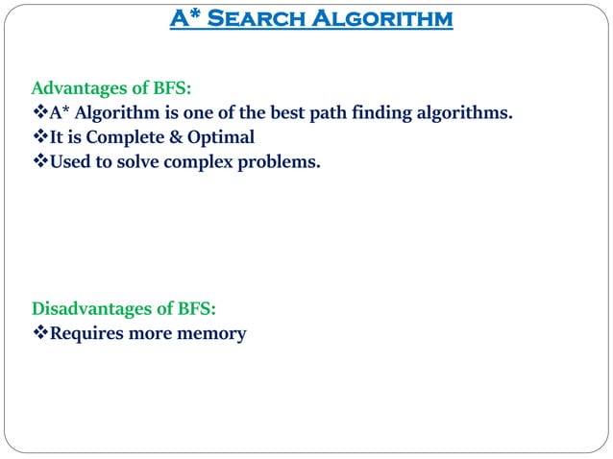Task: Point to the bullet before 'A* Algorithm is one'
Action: (40, 114)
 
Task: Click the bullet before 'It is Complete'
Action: (40, 138)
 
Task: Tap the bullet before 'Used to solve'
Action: (40, 162)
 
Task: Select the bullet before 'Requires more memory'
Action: (40, 334)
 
